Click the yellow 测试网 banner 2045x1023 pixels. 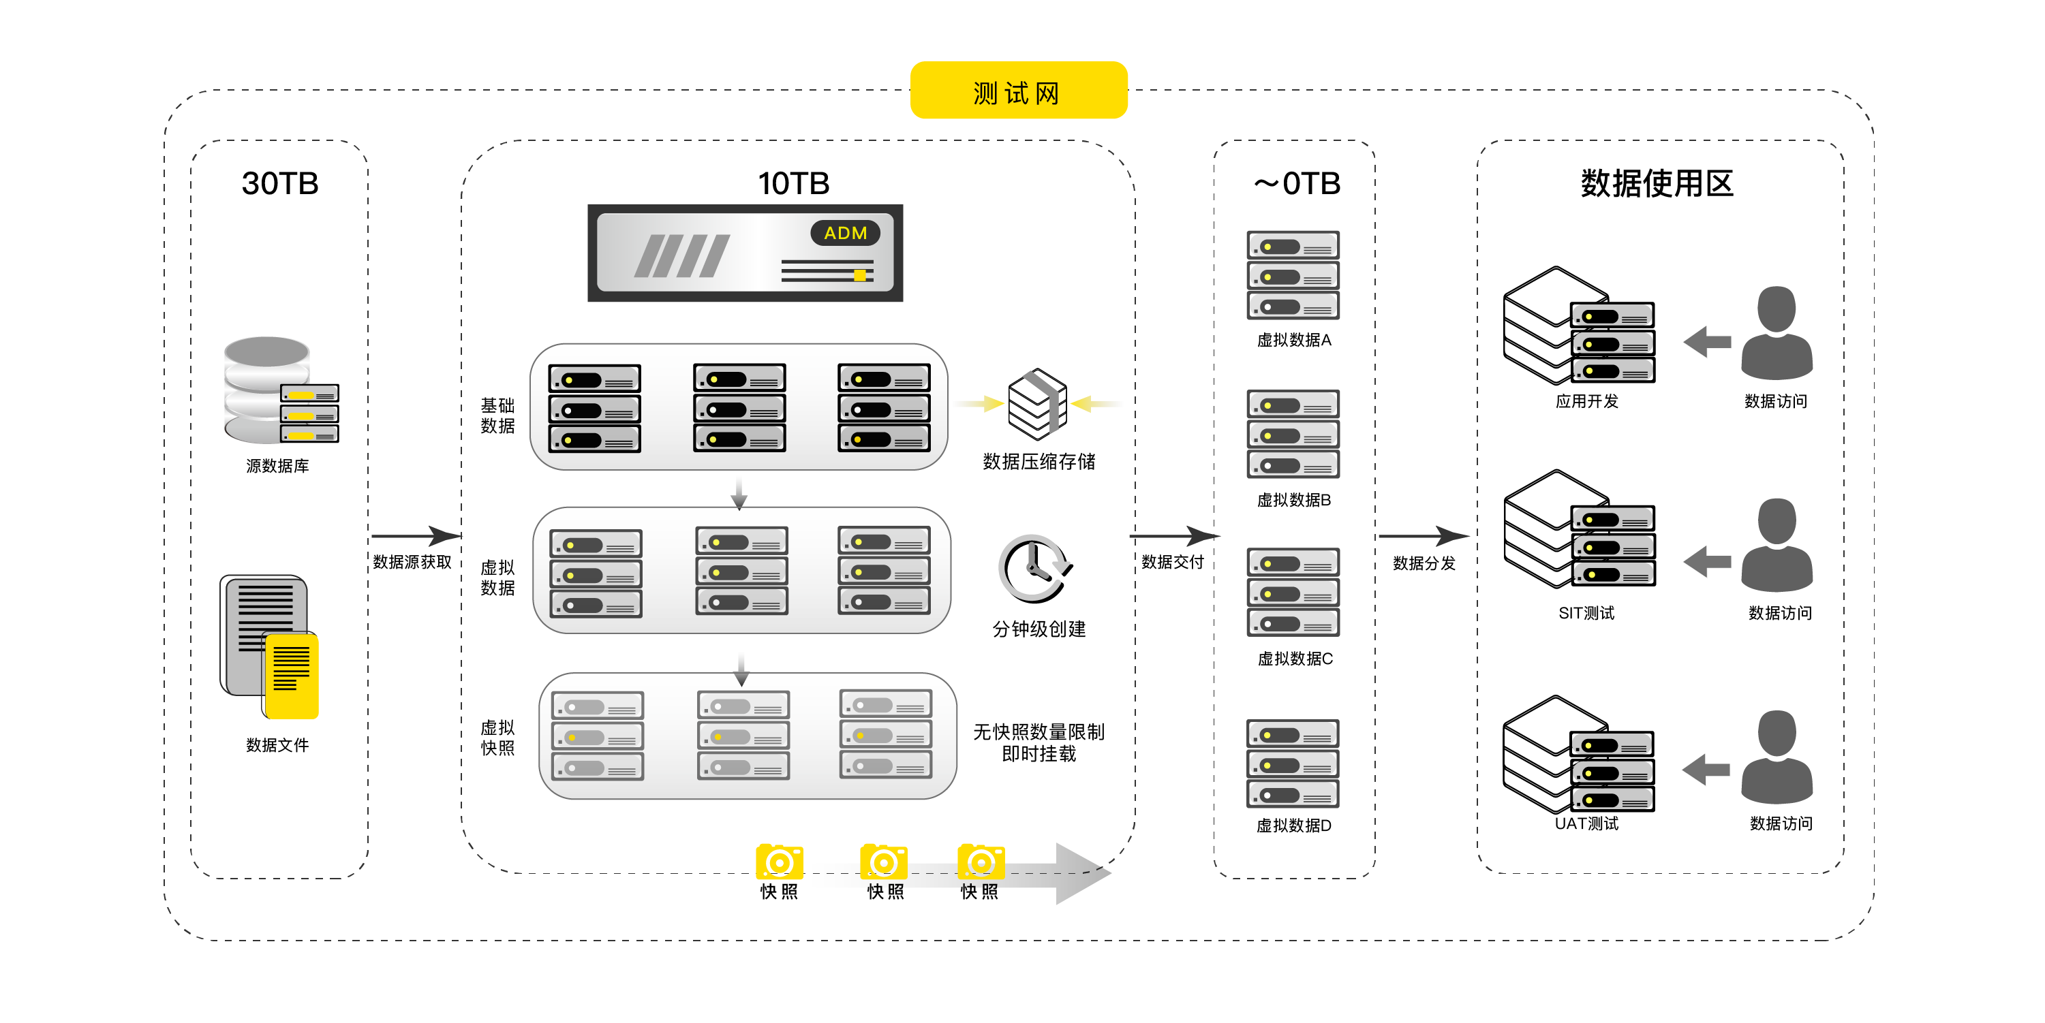point(1018,91)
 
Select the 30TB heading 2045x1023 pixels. point(279,183)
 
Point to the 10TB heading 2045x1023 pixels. point(793,183)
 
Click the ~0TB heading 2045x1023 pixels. point(1296,183)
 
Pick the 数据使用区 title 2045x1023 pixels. point(1656,183)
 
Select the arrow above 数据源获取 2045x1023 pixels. point(415,536)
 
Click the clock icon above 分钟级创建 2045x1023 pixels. point(1034,568)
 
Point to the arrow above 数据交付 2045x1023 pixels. point(1173,536)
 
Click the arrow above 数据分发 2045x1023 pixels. point(1423,536)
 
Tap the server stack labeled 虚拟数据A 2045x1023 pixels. point(1293,275)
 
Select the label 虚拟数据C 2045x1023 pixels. point(1294,659)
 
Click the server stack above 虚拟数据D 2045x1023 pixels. point(1293,764)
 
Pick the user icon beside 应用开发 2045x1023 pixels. point(1776,333)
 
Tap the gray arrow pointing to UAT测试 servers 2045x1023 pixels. point(1705,769)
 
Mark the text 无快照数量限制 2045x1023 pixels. point(1039,731)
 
